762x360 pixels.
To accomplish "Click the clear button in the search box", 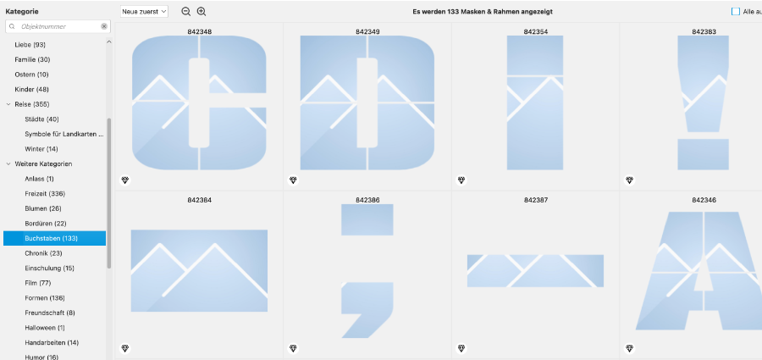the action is (104, 26).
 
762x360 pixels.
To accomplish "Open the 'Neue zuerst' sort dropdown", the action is (144, 11).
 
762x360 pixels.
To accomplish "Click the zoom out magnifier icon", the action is (185, 12).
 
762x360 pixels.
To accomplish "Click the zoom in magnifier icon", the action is (202, 12).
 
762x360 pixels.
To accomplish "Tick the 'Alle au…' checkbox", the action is (735, 12).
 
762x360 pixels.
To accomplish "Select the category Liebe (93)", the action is (30, 45).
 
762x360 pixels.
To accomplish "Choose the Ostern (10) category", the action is (31, 75).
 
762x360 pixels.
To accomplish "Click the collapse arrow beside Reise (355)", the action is (8, 104).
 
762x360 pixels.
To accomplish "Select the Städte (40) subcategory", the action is (41, 119).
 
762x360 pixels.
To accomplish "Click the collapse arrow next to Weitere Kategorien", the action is (8, 164).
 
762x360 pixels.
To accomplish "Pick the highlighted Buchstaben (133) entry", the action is (54, 238).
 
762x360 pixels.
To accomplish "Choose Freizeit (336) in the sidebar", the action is (45, 194).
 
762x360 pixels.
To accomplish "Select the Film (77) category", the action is (38, 283).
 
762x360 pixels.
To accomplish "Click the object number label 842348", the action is (200, 31).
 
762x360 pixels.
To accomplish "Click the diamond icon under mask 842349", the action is (293, 180).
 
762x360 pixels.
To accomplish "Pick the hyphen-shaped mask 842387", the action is (535, 270).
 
